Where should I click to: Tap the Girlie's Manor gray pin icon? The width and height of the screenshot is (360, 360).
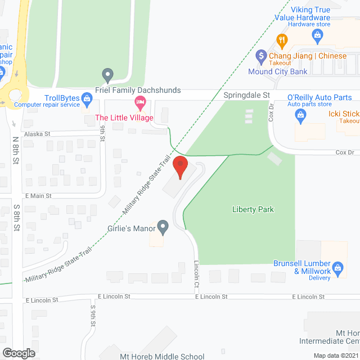[x=163, y=227]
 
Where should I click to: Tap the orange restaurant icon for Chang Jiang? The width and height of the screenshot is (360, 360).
[x=282, y=40]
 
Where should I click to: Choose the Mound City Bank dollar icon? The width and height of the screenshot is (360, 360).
[x=260, y=56]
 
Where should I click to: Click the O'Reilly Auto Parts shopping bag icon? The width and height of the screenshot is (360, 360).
[x=300, y=116]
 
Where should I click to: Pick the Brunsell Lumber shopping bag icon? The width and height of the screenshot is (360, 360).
[x=337, y=268]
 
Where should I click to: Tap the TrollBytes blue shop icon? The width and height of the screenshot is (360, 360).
[x=87, y=100]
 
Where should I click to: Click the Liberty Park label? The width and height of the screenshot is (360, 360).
[x=253, y=209]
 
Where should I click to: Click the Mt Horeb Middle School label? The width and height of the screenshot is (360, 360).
[x=162, y=356]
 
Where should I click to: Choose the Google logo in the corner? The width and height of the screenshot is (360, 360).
[x=19, y=353]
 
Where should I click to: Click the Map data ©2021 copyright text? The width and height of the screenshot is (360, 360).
[x=335, y=355]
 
